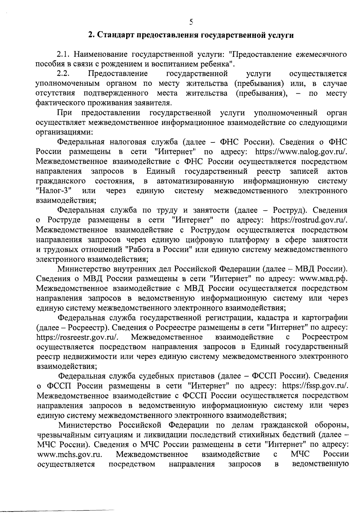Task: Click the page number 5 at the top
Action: point(191,22)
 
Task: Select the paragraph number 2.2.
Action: point(64,74)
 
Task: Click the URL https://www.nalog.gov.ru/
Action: point(301,152)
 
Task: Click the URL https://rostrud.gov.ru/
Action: point(309,220)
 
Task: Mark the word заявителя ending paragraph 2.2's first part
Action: point(153,103)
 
